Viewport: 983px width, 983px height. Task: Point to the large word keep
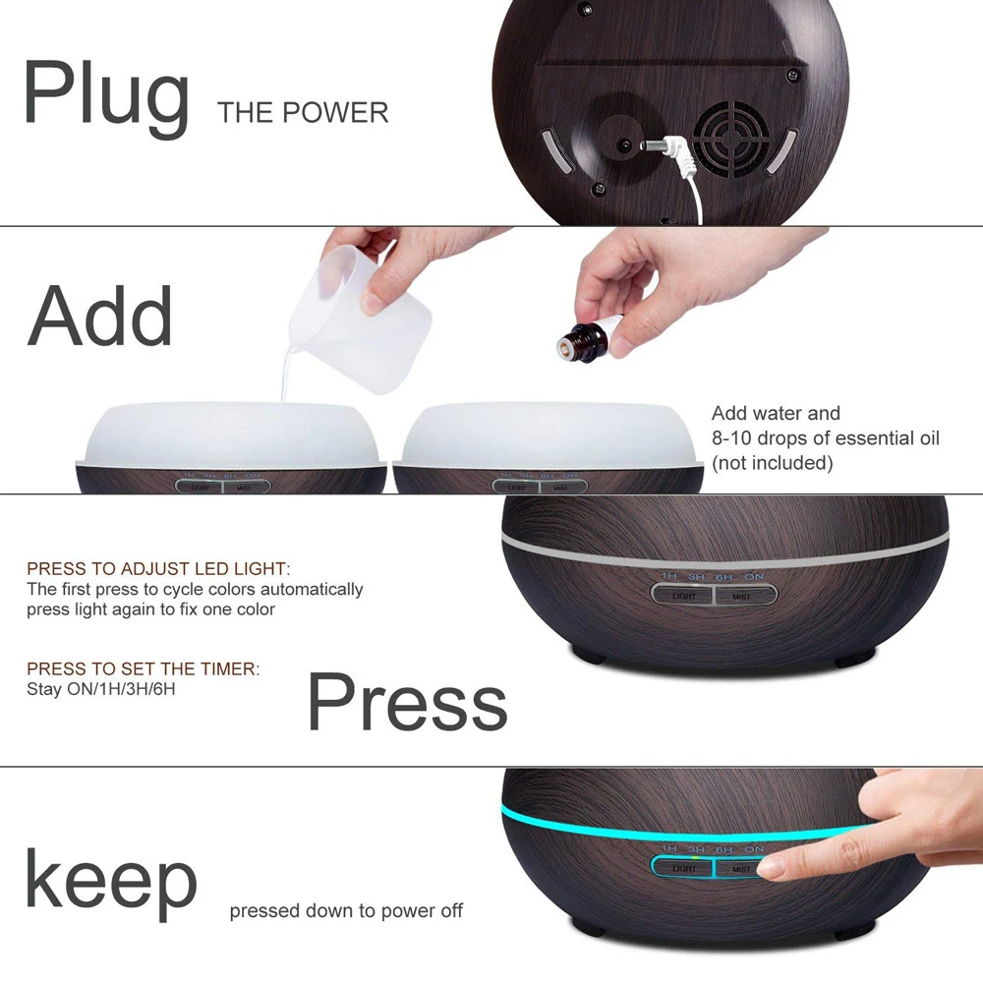point(110,880)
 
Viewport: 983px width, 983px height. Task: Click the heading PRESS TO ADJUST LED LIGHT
point(158,569)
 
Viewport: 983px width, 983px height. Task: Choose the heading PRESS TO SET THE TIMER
point(144,669)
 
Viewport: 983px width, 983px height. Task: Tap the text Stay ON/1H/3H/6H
point(101,689)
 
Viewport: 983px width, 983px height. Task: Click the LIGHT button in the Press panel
point(684,596)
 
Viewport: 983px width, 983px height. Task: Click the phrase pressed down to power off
point(346,911)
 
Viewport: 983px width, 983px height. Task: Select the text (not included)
point(772,463)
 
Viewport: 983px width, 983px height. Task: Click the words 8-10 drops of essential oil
point(825,438)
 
